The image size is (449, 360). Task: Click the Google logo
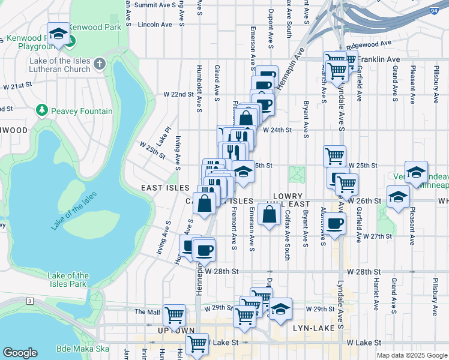pyautogui.click(x=20, y=353)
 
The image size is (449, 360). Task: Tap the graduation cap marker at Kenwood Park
pyautogui.click(x=58, y=34)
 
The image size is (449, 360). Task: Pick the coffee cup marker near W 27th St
pyautogui.click(x=336, y=224)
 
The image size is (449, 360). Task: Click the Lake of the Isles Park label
pyautogui.click(x=68, y=280)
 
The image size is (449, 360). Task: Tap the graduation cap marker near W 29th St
pyautogui.click(x=280, y=309)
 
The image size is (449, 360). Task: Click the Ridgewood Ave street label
pyautogui.click(x=372, y=43)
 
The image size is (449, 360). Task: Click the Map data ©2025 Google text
pyautogui.click(x=412, y=355)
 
